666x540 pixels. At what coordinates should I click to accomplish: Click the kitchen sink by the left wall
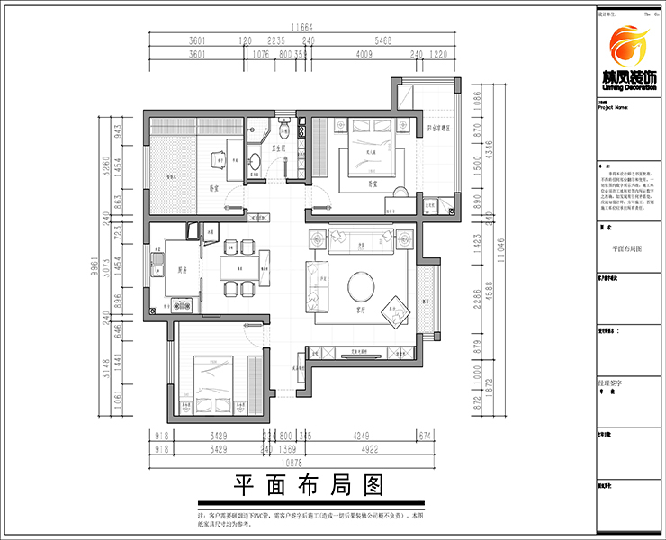(x=159, y=266)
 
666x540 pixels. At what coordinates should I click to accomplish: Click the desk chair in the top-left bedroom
(x=219, y=159)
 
